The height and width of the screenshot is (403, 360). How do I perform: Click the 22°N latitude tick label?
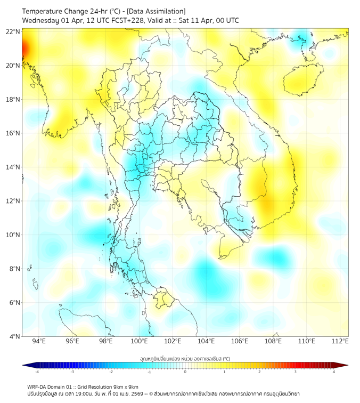pos(13,31)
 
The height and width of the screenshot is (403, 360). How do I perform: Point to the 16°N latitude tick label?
pos(13,133)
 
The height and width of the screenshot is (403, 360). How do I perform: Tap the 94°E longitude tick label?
pos(39,341)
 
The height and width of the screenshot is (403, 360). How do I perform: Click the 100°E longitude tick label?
pos(139,341)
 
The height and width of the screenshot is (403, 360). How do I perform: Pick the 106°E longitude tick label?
pos(240,341)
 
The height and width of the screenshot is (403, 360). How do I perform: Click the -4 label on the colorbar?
pos(37,372)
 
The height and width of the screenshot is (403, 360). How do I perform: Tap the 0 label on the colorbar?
pos(185,372)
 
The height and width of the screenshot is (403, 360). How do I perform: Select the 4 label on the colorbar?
pos(334,372)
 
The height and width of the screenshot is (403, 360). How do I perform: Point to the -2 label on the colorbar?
pos(111,372)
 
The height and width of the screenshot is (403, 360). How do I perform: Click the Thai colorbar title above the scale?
pos(185,359)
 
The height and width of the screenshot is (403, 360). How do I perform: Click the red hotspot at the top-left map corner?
pos(24,49)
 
